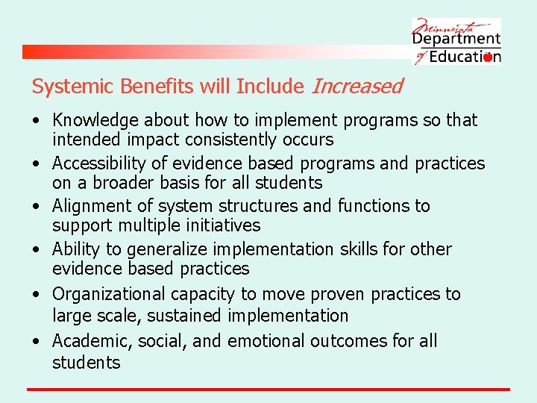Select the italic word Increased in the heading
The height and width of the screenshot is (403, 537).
click(x=357, y=87)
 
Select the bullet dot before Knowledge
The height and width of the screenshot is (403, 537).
click(x=36, y=121)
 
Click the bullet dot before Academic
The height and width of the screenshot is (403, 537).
click(x=36, y=342)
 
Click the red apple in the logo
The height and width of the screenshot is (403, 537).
click(x=488, y=57)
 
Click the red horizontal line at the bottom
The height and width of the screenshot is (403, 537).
click(x=268, y=389)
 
